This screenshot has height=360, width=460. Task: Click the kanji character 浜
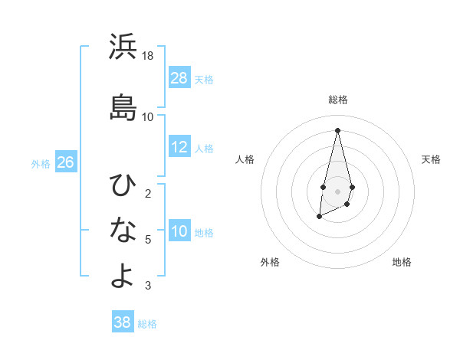click(123, 47)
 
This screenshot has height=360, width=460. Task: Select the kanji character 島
click(123, 107)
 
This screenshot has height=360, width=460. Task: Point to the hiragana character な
click(123, 229)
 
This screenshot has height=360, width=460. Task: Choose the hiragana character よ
click(123, 276)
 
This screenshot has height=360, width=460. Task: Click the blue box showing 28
click(179, 78)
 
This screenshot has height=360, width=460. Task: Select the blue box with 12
click(179, 147)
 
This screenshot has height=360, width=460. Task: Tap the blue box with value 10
click(179, 231)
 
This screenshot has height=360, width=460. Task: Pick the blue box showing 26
click(65, 162)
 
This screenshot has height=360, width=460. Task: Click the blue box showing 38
click(123, 322)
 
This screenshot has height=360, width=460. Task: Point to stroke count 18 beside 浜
click(148, 57)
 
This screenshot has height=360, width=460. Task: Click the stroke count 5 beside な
click(148, 240)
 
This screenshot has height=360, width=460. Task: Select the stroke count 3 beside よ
click(148, 286)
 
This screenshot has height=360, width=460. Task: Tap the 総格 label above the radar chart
click(338, 100)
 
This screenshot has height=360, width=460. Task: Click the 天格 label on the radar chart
click(432, 159)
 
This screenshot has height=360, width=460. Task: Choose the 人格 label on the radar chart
click(245, 159)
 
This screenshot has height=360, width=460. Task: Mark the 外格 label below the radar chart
click(270, 262)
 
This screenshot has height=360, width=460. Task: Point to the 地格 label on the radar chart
click(402, 262)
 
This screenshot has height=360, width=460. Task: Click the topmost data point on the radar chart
click(338, 130)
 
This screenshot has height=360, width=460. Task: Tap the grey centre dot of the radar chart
click(338, 191)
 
